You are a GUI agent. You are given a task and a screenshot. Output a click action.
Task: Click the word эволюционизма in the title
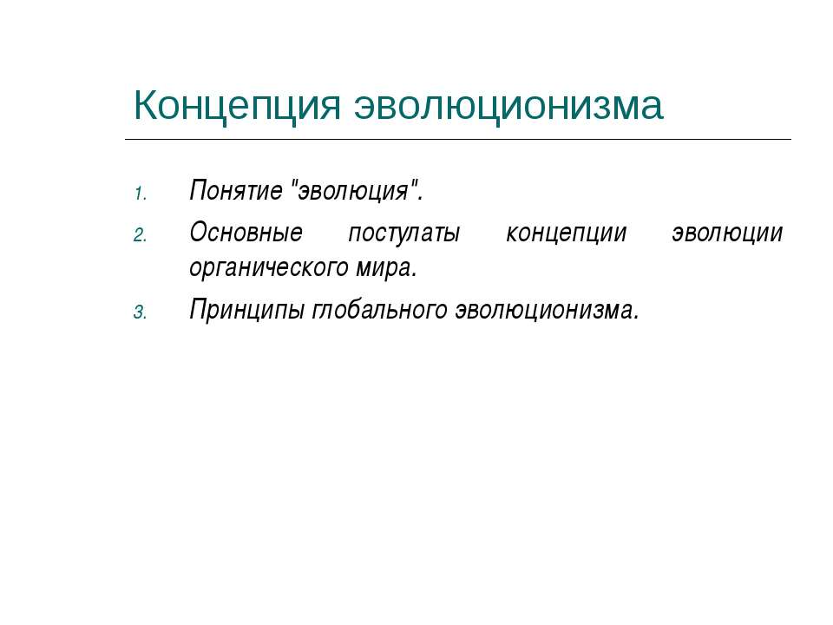(508, 107)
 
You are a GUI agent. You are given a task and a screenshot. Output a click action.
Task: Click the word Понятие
(235, 190)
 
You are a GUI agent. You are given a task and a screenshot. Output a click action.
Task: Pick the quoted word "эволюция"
(355, 190)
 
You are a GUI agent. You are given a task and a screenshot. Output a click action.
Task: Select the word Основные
(246, 233)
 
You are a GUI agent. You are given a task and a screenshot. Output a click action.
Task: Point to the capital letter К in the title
(146, 106)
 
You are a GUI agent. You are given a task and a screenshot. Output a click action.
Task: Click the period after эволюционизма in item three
(636, 318)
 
